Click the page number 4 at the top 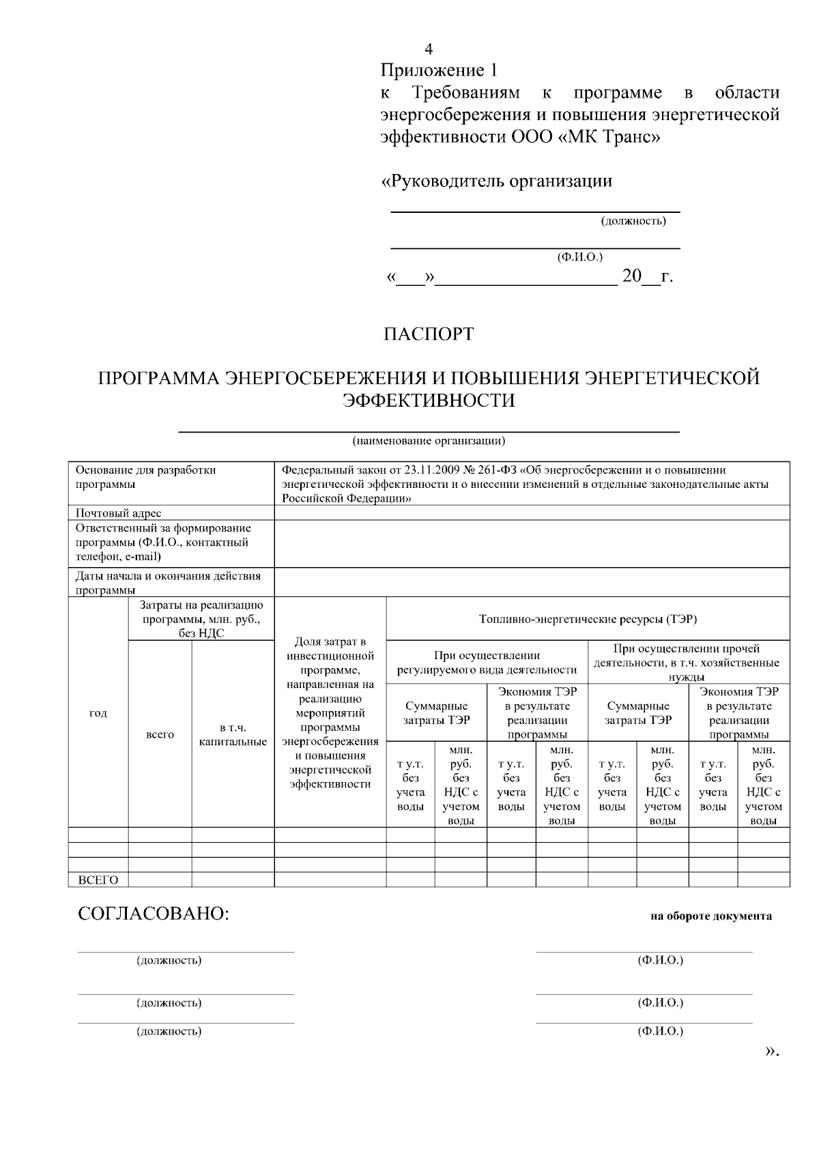429,49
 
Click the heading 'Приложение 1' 439,70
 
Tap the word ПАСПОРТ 428,334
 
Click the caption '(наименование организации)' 429,440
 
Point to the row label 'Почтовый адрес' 118,513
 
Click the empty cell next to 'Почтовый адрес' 531,513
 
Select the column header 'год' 98,713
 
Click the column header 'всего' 160,734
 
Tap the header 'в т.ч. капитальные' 233,734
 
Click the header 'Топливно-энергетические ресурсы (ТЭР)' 588,620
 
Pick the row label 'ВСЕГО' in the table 98,880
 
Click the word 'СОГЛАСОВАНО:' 154,914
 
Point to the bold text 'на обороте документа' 711,916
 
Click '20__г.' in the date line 647,276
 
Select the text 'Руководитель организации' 500,182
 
